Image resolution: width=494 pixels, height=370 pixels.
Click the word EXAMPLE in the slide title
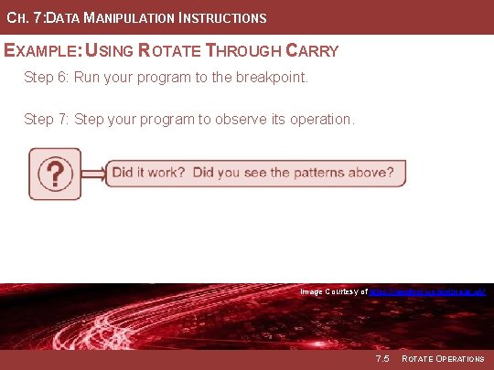click(42, 51)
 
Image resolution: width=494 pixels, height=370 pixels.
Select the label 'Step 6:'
click(46, 79)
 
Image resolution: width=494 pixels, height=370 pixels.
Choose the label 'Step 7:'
click(46, 120)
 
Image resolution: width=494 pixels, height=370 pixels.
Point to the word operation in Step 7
click(317, 120)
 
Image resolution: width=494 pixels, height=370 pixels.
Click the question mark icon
click(55, 174)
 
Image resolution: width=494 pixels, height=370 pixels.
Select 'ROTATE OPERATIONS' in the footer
click(443, 359)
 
